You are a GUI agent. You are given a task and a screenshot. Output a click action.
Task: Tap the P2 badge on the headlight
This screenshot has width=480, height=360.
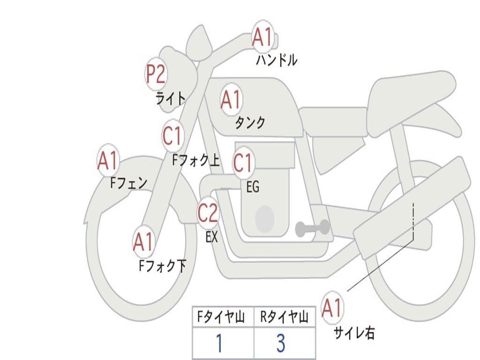(156, 74)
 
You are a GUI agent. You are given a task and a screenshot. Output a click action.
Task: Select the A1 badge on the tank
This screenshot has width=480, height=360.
(231, 99)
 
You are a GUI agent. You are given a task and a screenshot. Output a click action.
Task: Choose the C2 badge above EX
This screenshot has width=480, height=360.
(208, 213)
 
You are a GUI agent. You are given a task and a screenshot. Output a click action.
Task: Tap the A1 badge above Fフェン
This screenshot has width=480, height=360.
(108, 160)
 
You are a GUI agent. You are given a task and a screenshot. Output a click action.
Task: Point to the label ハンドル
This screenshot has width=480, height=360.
(277, 60)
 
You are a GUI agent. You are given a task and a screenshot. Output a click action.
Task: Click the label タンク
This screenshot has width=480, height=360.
(250, 123)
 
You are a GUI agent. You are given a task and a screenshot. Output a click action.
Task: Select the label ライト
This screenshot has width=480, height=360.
(171, 98)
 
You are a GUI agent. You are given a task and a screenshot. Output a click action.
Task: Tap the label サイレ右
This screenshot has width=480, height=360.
(354, 333)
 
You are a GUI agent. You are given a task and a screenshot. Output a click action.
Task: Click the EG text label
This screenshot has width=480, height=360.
(253, 187)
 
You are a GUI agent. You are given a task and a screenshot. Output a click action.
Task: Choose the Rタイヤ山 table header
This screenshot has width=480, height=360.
(285, 318)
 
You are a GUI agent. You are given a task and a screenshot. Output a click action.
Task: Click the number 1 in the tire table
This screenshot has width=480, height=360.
(219, 344)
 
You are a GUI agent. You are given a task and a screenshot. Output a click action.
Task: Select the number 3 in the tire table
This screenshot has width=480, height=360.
(281, 344)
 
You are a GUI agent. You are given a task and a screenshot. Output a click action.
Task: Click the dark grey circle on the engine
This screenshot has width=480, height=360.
(264, 218)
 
